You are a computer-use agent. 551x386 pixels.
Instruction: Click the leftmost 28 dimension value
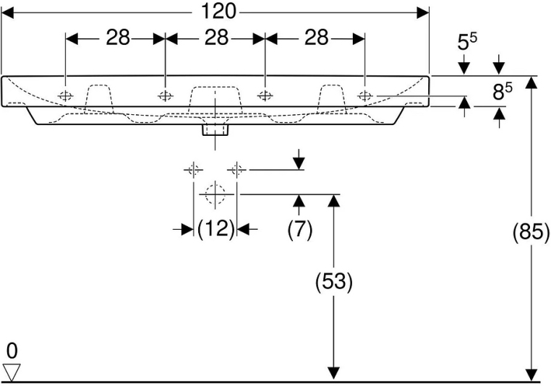coord(118,38)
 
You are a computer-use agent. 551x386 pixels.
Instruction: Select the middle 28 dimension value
coord(215,38)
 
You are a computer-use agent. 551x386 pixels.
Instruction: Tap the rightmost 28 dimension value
coord(316,38)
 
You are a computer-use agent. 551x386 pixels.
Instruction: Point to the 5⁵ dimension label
coord(466,43)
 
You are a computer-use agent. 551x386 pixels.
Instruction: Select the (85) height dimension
coord(531,233)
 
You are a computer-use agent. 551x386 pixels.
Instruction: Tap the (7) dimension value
coord(299,229)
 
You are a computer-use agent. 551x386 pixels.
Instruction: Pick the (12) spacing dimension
coord(216,229)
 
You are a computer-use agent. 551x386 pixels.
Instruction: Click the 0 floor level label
coord(12,351)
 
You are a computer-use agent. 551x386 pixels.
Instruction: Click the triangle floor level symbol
coord(12,372)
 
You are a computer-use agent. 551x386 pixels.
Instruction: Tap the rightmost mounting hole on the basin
coord(365,95)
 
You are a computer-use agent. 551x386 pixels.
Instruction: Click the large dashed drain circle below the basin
coord(215,194)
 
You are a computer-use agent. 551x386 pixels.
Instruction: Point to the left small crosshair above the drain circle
coord(193,170)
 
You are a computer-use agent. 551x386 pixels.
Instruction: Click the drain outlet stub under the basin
coord(215,129)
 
